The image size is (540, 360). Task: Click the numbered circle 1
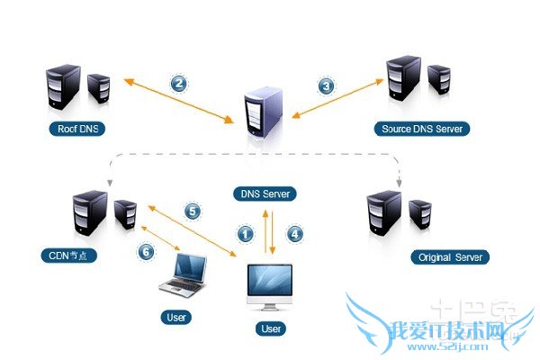click(244, 233)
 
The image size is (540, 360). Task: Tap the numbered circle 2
click(179, 84)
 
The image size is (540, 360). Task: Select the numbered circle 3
click(326, 86)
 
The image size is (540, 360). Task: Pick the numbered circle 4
click(293, 233)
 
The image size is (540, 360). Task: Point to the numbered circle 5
click(192, 211)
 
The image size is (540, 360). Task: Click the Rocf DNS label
click(76, 129)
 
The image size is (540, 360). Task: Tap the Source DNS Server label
click(422, 129)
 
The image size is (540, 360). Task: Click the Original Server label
click(452, 257)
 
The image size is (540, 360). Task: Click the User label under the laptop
click(177, 317)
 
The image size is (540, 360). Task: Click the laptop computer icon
click(184, 276)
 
